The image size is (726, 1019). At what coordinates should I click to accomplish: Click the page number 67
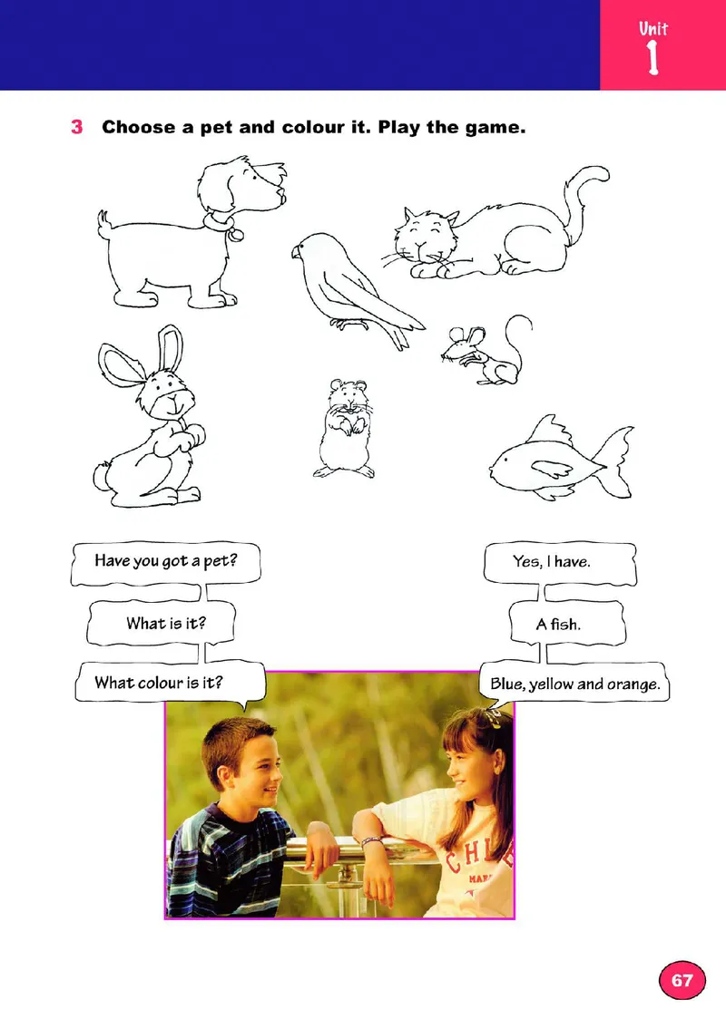click(682, 980)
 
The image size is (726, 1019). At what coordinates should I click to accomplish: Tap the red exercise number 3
click(77, 127)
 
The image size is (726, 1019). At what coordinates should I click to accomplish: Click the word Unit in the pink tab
click(653, 29)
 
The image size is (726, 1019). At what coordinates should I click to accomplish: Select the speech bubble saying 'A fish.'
click(566, 623)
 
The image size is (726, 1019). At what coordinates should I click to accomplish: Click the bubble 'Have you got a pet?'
click(166, 563)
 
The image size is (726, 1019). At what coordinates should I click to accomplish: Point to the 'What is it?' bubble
click(161, 623)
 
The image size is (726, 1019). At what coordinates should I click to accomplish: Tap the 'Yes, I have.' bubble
click(559, 563)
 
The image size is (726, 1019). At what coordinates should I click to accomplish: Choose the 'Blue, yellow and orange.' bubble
click(575, 683)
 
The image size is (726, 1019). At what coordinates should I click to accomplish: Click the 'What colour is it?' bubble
click(170, 683)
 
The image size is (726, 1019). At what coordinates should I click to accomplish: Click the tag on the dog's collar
click(236, 235)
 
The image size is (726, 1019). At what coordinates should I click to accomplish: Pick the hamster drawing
click(345, 429)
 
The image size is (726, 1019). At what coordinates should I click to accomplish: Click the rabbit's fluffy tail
click(102, 476)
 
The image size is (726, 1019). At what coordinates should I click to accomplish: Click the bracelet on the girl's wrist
click(371, 841)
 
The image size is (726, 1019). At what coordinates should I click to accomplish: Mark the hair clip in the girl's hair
click(492, 718)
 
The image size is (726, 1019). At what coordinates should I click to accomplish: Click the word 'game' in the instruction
click(495, 128)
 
